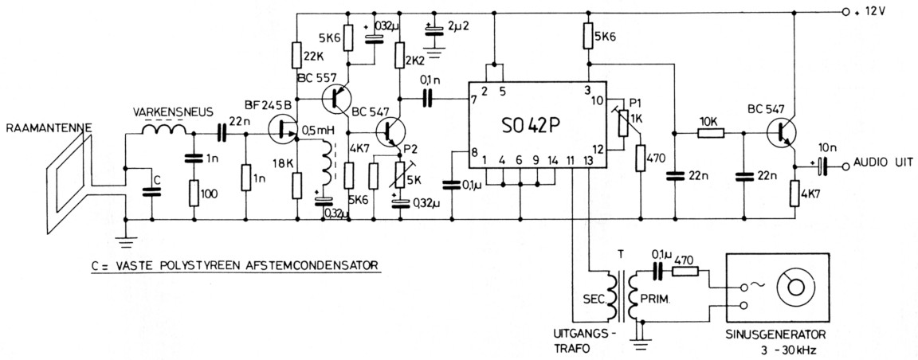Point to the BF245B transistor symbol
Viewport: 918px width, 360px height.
282,130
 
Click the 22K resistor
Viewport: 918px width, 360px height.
296,60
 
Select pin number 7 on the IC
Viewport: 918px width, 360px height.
474,100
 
